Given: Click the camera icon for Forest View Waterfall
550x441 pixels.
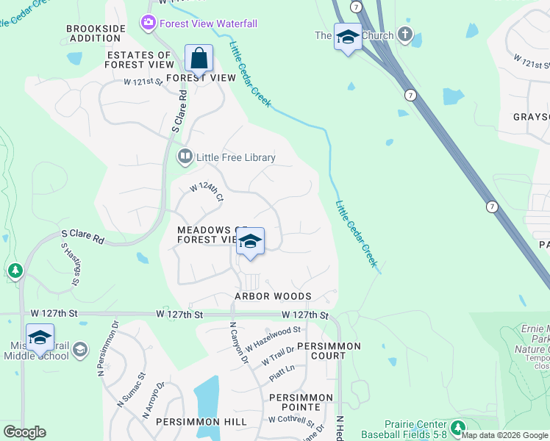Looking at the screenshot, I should coord(149,24).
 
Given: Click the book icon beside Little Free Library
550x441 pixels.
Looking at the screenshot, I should coord(185,157).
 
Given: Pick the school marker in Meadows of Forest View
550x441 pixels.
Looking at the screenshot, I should coord(250,242).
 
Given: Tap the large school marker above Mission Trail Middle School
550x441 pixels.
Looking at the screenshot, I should coord(40,337).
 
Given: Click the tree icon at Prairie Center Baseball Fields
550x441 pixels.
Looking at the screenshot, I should coord(458,427).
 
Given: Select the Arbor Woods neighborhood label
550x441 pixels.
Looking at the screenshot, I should coord(273,296).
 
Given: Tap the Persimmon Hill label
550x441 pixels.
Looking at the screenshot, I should coord(174,422).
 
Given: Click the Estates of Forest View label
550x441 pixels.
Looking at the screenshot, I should coord(139,60).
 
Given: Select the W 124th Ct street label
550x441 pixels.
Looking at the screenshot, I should coord(207,193).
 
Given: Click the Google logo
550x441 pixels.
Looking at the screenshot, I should coord(24,432).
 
